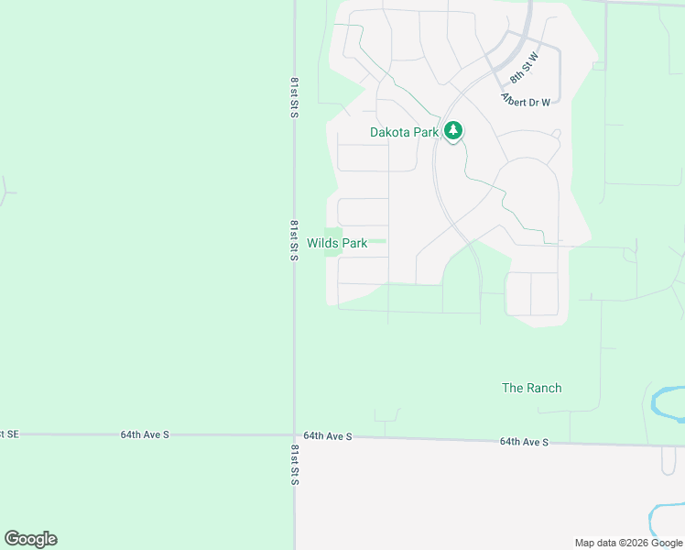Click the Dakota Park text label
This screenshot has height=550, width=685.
pyautogui.click(x=404, y=132)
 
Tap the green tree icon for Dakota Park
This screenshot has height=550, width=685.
pyautogui.click(x=452, y=131)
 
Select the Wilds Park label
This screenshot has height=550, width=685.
pyautogui.click(x=337, y=243)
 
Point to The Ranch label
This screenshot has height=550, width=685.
pyautogui.click(x=531, y=388)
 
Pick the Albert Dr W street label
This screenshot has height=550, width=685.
pyautogui.click(x=526, y=99)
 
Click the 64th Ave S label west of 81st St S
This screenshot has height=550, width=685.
pyautogui.click(x=145, y=434)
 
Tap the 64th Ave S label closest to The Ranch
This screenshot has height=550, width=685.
pyautogui.click(x=524, y=442)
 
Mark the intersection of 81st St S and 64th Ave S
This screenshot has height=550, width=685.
pyautogui.click(x=294, y=435)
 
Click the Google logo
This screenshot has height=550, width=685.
pyautogui.click(x=30, y=539)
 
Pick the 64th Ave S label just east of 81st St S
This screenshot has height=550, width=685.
pyautogui.click(x=328, y=436)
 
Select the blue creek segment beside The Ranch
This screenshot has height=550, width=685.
pyautogui.click(x=666, y=400)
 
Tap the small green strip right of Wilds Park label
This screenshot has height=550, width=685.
pyautogui.click(x=377, y=242)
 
